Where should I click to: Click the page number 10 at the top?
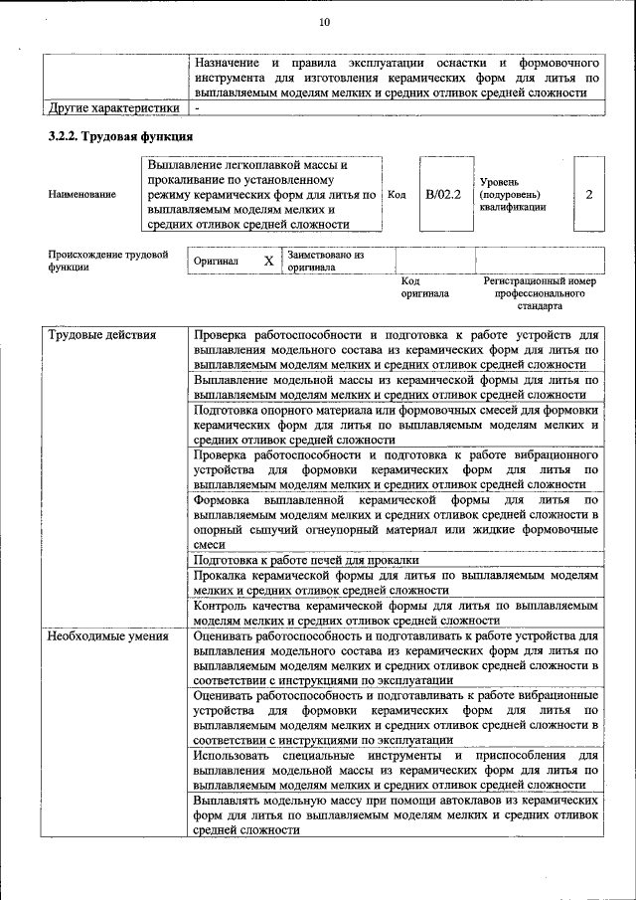(x=324, y=23)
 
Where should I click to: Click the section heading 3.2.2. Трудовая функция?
(x=120, y=135)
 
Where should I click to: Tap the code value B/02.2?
(x=442, y=194)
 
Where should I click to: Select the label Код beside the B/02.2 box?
(x=397, y=195)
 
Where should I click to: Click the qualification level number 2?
(x=588, y=194)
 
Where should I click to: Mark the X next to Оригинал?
(x=268, y=261)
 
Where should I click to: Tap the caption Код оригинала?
(x=424, y=287)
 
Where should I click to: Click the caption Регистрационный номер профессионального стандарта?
(x=539, y=293)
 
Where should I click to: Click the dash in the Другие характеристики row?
(x=198, y=106)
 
